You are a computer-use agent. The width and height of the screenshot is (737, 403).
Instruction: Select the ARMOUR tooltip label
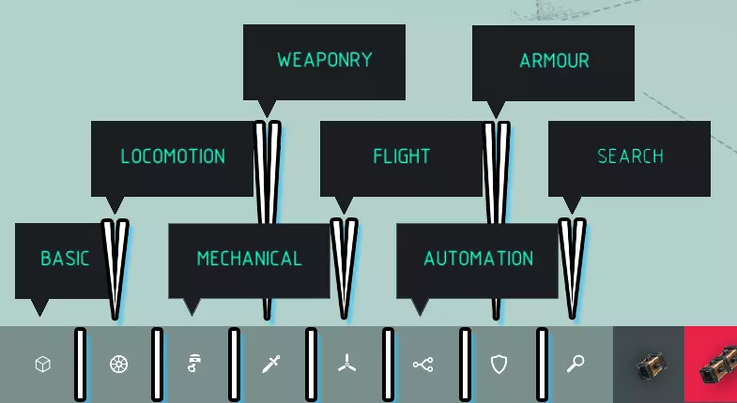554,61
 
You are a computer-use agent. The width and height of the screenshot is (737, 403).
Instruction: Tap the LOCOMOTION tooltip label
173,157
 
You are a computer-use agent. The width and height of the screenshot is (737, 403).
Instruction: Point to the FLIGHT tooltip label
401,157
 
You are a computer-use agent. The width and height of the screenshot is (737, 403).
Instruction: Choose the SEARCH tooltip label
630,157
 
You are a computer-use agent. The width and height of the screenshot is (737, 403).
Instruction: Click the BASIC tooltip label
65,259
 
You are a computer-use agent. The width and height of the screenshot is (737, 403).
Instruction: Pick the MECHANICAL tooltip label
249,259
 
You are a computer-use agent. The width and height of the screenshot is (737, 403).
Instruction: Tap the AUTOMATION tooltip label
478,259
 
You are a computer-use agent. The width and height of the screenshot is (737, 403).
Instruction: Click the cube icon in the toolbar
42,365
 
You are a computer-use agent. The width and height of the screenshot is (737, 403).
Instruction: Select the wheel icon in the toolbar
118,365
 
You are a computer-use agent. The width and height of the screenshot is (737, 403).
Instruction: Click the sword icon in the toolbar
270,365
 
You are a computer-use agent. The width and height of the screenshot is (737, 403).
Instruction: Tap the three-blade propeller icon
346,365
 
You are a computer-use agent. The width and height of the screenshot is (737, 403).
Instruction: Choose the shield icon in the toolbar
499,365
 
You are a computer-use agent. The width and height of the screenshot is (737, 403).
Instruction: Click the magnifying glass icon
576,365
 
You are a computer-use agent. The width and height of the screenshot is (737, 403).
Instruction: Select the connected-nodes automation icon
422,365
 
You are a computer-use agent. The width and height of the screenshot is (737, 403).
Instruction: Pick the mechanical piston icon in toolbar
194,365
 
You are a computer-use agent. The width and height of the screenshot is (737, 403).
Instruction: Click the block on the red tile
718,366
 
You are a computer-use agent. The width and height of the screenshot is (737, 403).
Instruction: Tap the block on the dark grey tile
649,365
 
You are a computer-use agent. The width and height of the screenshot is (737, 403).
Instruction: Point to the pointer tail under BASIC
39,307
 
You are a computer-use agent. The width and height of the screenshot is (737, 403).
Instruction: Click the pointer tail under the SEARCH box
572,205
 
